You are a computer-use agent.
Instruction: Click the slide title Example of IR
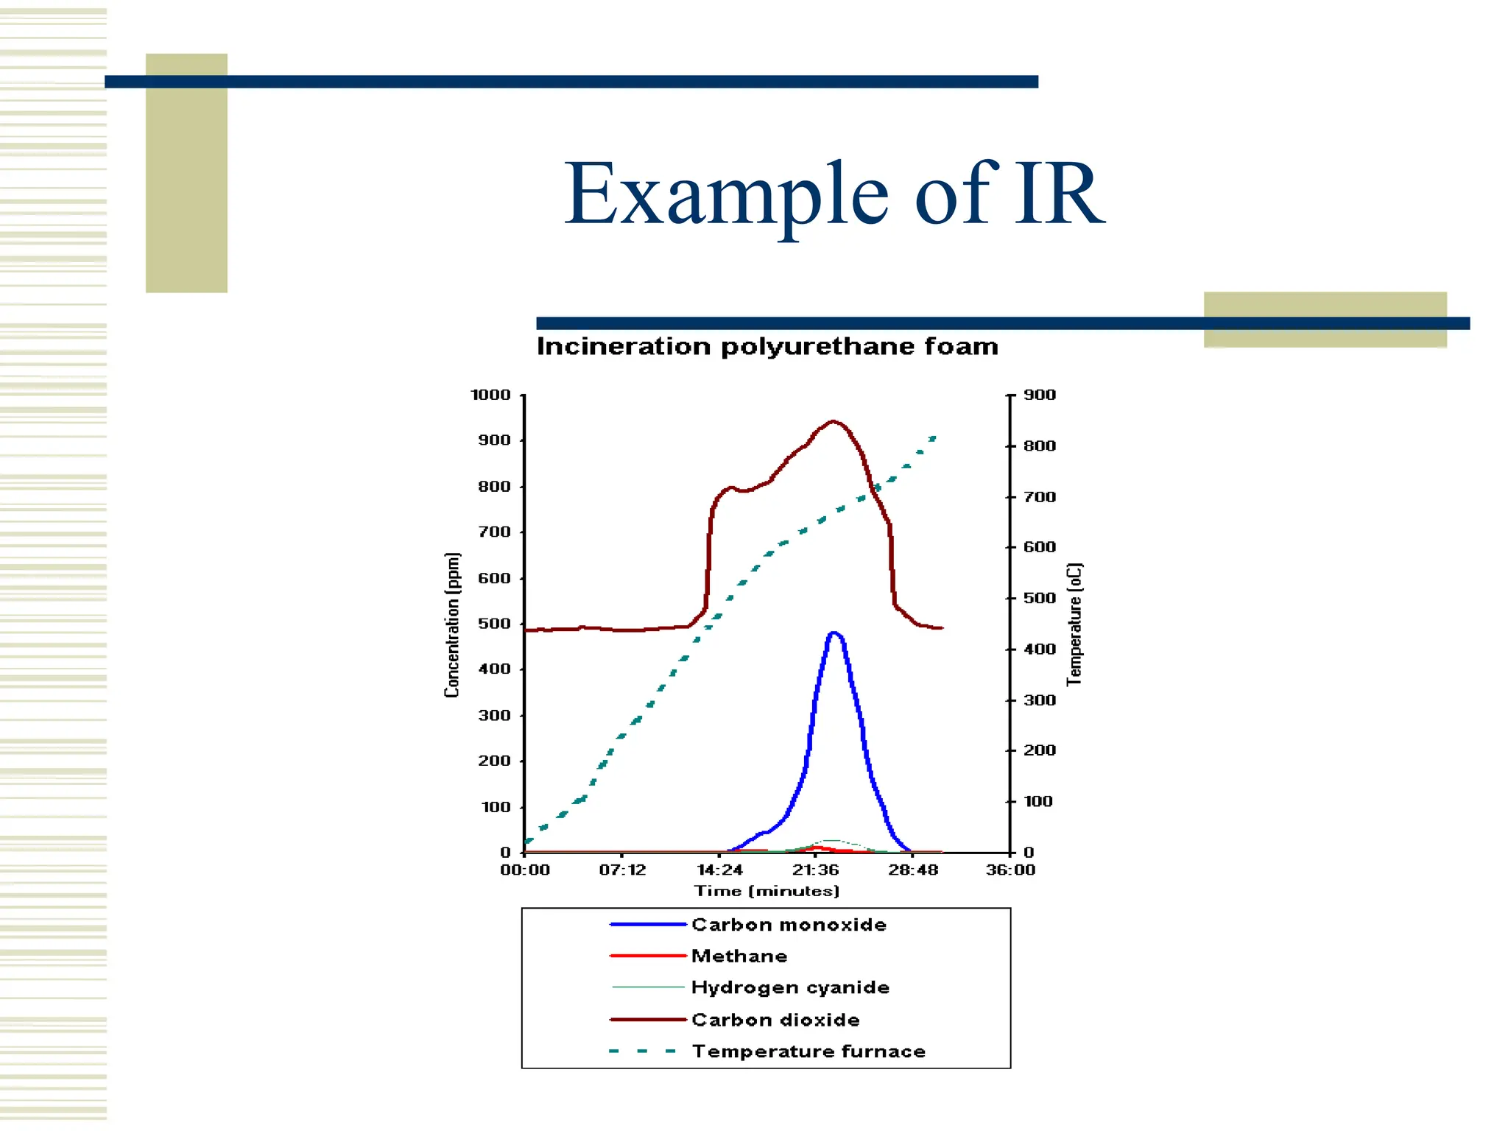click(834, 194)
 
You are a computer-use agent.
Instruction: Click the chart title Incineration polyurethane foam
click(767, 346)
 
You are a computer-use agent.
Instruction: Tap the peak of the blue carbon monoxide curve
click(833, 633)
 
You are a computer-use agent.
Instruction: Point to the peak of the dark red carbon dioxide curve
click(833, 421)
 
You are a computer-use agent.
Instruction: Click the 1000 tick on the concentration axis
click(491, 395)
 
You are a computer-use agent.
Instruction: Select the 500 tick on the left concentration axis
click(495, 624)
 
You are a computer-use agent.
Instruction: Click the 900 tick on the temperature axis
click(1040, 395)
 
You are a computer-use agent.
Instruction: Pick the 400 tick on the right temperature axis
click(1040, 649)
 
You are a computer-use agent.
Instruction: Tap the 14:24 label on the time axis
click(719, 870)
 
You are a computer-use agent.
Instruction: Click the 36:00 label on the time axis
click(1010, 870)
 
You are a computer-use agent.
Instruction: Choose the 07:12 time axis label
click(622, 870)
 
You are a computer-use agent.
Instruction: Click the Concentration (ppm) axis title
click(452, 624)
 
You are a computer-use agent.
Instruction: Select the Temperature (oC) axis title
click(1075, 624)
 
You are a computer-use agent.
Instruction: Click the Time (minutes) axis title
click(767, 892)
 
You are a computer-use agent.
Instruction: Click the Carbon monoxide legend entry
click(789, 925)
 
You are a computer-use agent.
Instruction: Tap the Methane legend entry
click(739, 956)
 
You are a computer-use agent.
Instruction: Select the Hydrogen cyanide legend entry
click(790, 987)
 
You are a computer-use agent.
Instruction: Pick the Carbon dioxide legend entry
click(775, 1020)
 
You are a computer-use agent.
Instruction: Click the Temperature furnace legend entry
click(808, 1051)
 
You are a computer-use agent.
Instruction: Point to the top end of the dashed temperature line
click(933, 438)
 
